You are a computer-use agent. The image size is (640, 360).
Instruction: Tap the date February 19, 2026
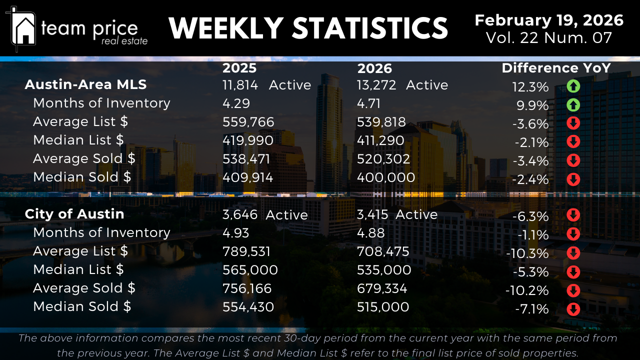click(548, 20)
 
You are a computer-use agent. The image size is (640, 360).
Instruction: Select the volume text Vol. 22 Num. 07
click(548, 38)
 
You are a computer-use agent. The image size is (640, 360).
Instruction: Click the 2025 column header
click(239, 68)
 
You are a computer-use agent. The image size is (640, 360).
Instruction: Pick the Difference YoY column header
click(556, 68)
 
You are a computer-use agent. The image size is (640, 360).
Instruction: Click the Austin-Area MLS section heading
click(85, 84)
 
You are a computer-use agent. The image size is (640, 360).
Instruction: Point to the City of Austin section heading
click(74, 214)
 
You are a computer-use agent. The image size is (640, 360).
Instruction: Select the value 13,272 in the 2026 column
click(376, 85)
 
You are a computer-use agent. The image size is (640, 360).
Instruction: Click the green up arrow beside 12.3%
click(573, 86)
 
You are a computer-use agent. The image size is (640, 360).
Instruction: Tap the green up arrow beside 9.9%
click(573, 105)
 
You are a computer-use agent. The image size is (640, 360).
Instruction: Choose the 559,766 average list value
click(248, 122)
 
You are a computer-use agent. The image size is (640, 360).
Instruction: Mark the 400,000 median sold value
click(386, 177)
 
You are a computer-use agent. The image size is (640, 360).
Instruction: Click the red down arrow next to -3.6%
click(573, 123)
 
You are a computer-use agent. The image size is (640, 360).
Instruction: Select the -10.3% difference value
click(527, 253)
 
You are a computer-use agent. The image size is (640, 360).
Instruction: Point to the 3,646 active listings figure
click(240, 214)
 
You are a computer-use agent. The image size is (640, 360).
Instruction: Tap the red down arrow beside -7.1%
click(573, 309)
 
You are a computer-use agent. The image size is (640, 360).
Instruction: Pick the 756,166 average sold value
click(247, 288)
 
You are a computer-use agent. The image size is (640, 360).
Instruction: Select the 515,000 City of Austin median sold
click(383, 307)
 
